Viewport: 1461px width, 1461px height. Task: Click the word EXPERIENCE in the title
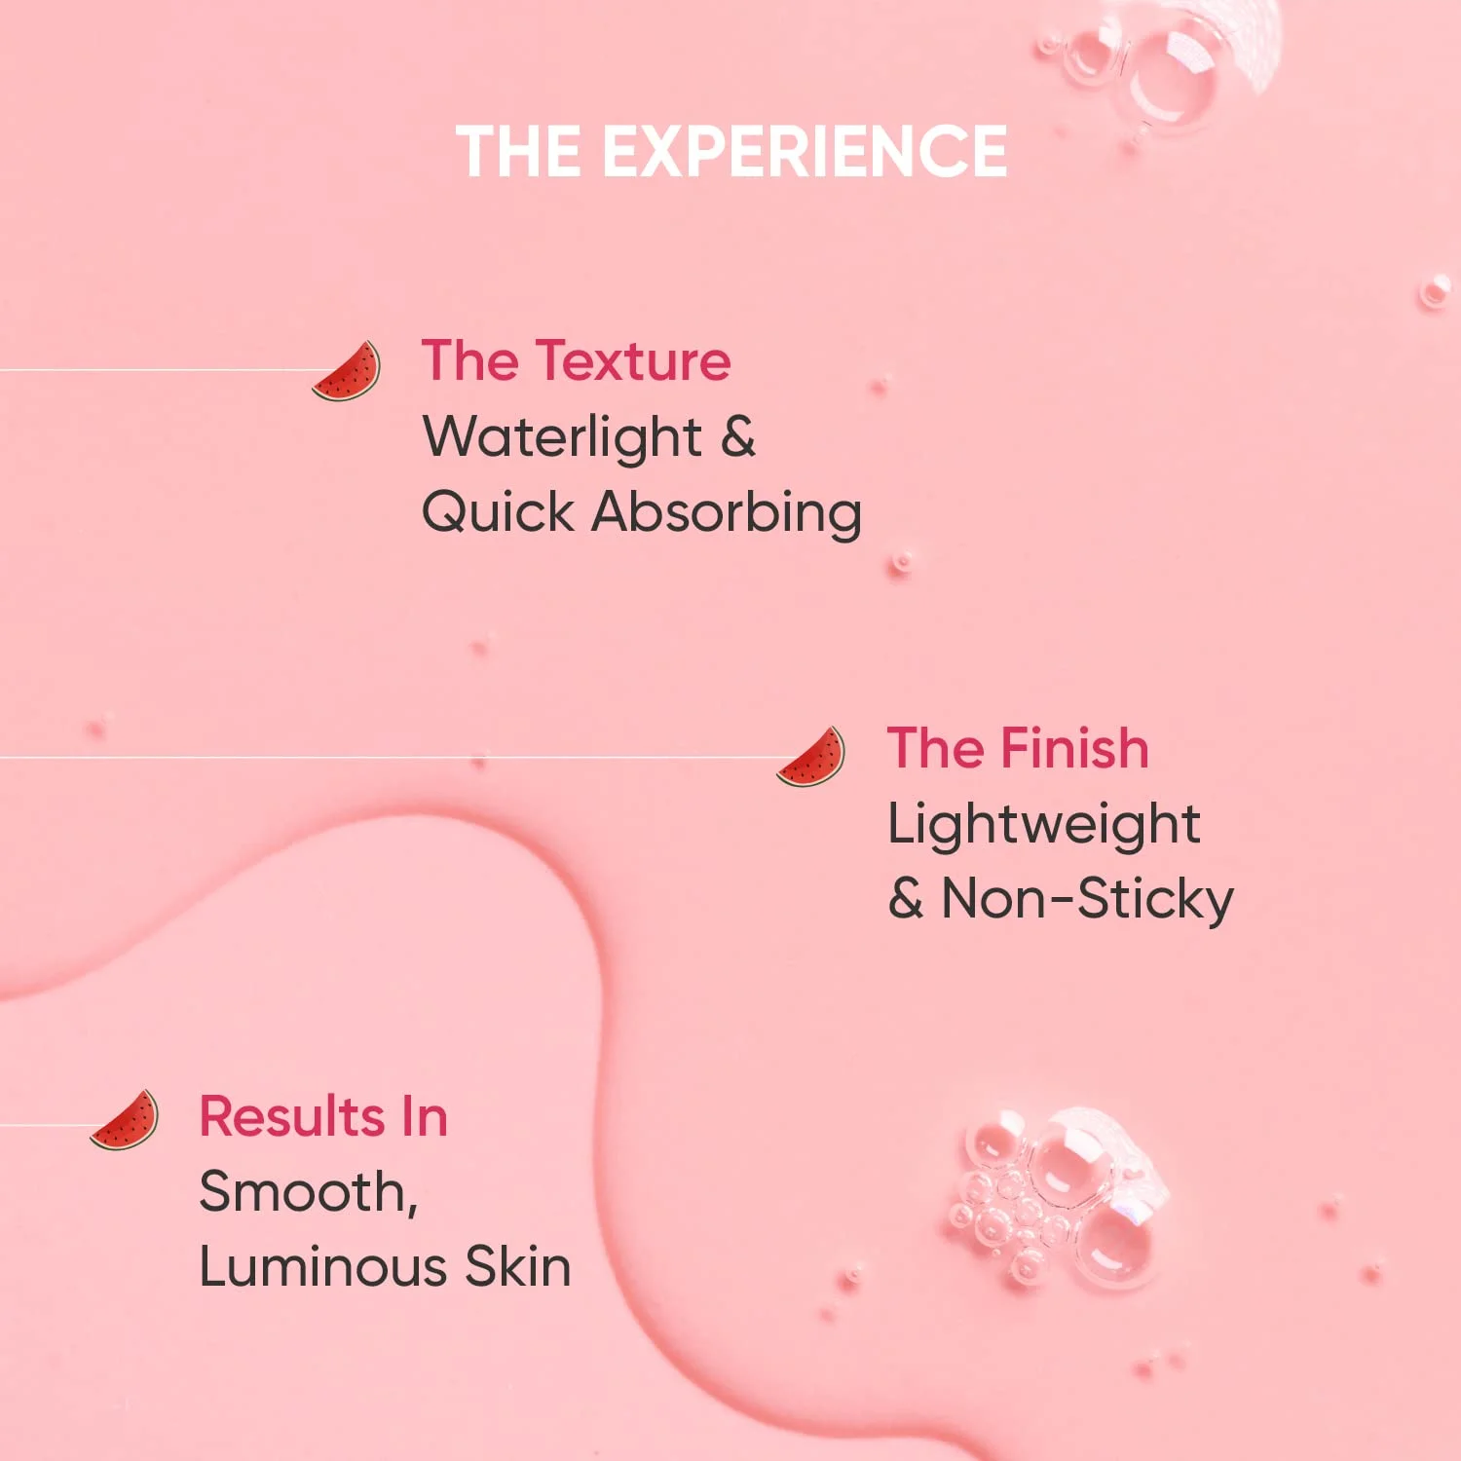[x=805, y=152]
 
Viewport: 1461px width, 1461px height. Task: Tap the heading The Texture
[x=576, y=360]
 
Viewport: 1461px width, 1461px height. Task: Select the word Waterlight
[x=562, y=437]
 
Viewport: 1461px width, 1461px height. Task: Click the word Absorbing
[x=727, y=513]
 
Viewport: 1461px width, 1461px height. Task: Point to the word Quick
[x=498, y=513]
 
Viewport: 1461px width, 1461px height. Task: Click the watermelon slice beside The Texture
[x=348, y=371]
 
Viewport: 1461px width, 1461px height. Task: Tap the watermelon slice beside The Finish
[x=811, y=758]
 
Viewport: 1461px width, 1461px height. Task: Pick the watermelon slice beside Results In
[x=125, y=1121]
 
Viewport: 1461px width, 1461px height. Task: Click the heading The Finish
[x=1018, y=748]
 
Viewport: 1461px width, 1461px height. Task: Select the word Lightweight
[x=1043, y=825]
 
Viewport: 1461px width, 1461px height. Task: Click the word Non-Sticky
[x=1087, y=899]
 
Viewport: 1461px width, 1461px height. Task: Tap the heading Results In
[x=323, y=1116]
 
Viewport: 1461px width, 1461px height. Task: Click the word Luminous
[x=322, y=1267]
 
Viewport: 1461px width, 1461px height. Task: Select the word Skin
[x=517, y=1267]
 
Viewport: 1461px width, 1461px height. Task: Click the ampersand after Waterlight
[x=738, y=437]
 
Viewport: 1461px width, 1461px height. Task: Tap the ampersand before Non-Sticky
[x=905, y=899]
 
